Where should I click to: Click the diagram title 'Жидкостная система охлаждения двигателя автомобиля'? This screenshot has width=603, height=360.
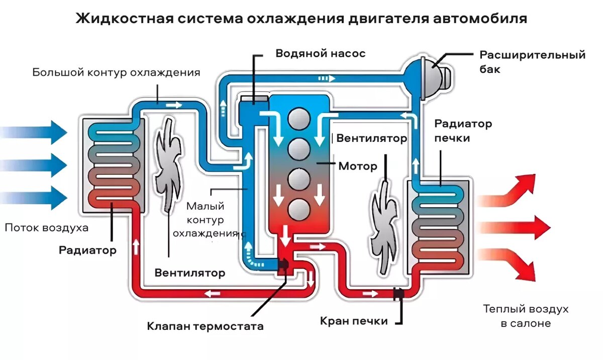(301, 19)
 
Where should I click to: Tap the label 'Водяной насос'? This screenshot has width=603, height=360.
(320, 53)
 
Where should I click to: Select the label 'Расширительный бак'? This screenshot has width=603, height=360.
(532, 62)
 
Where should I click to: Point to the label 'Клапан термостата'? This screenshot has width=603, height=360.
(205, 326)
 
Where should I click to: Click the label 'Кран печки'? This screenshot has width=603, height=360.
(354, 321)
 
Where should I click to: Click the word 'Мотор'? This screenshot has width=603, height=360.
(358, 166)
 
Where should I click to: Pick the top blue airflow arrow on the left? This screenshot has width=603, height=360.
(35, 132)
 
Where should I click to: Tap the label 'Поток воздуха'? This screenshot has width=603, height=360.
(46, 228)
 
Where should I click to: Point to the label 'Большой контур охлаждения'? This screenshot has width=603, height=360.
(116, 72)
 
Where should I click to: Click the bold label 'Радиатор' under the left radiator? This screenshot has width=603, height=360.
(87, 250)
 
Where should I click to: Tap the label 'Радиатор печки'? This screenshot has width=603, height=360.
(463, 131)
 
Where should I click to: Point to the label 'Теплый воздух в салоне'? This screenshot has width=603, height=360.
(526, 316)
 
